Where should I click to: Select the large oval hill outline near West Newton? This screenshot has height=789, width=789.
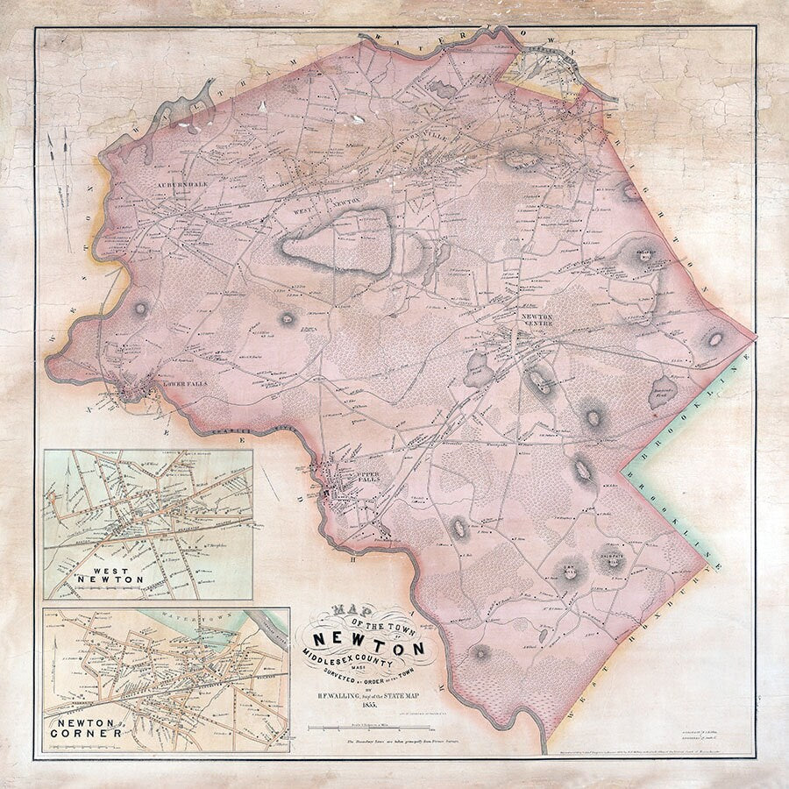(338, 242)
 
